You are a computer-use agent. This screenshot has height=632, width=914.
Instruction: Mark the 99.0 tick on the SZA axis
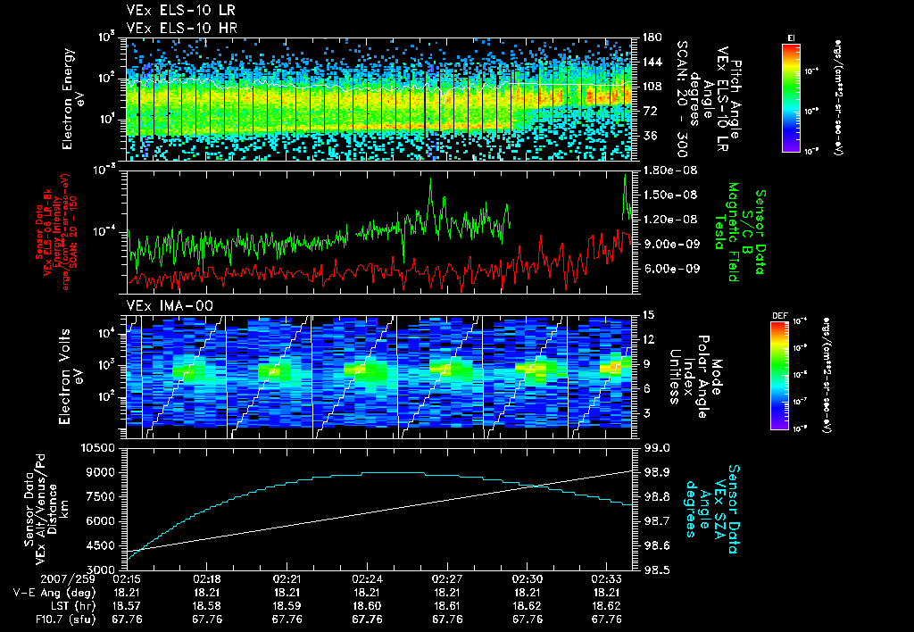click(657, 446)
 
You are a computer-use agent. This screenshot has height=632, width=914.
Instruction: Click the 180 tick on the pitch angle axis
click(651, 37)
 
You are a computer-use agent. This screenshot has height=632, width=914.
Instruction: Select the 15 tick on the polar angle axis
click(648, 314)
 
